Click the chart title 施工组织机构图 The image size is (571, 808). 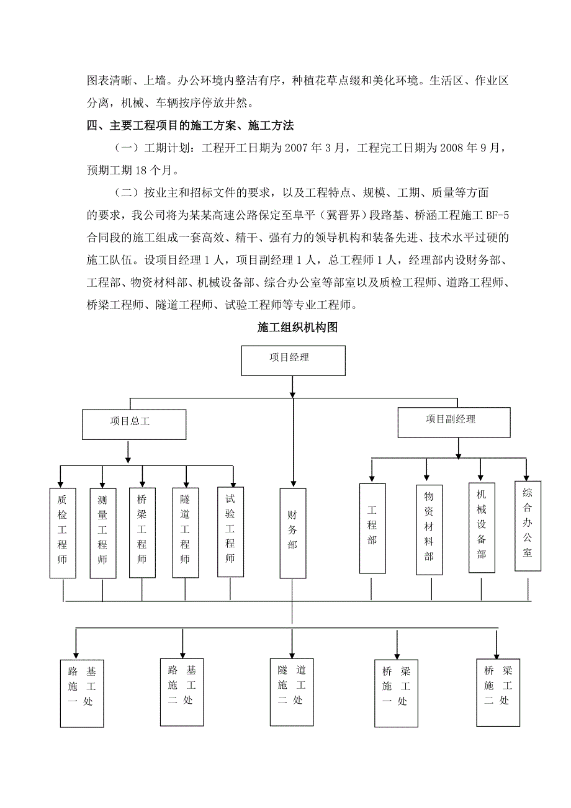coord(297,328)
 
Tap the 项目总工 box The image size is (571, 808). coord(134,424)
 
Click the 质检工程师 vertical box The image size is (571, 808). coord(63,532)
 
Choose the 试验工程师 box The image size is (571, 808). coord(230,531)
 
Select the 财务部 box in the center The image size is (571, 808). coord(292,532)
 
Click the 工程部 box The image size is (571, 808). coord(372,527)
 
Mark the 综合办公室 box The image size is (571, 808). coord(528,525)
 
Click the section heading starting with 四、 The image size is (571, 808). coord(190,126)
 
